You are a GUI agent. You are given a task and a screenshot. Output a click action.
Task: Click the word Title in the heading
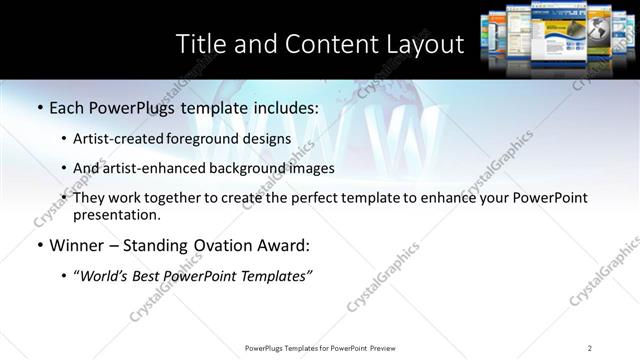(x=201, y=45)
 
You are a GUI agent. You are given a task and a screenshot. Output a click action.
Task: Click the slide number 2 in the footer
(x=590, y=348)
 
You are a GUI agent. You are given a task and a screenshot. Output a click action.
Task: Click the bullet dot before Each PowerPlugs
(x=39, y=108)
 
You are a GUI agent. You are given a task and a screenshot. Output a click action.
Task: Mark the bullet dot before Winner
(x=39, y=245)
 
